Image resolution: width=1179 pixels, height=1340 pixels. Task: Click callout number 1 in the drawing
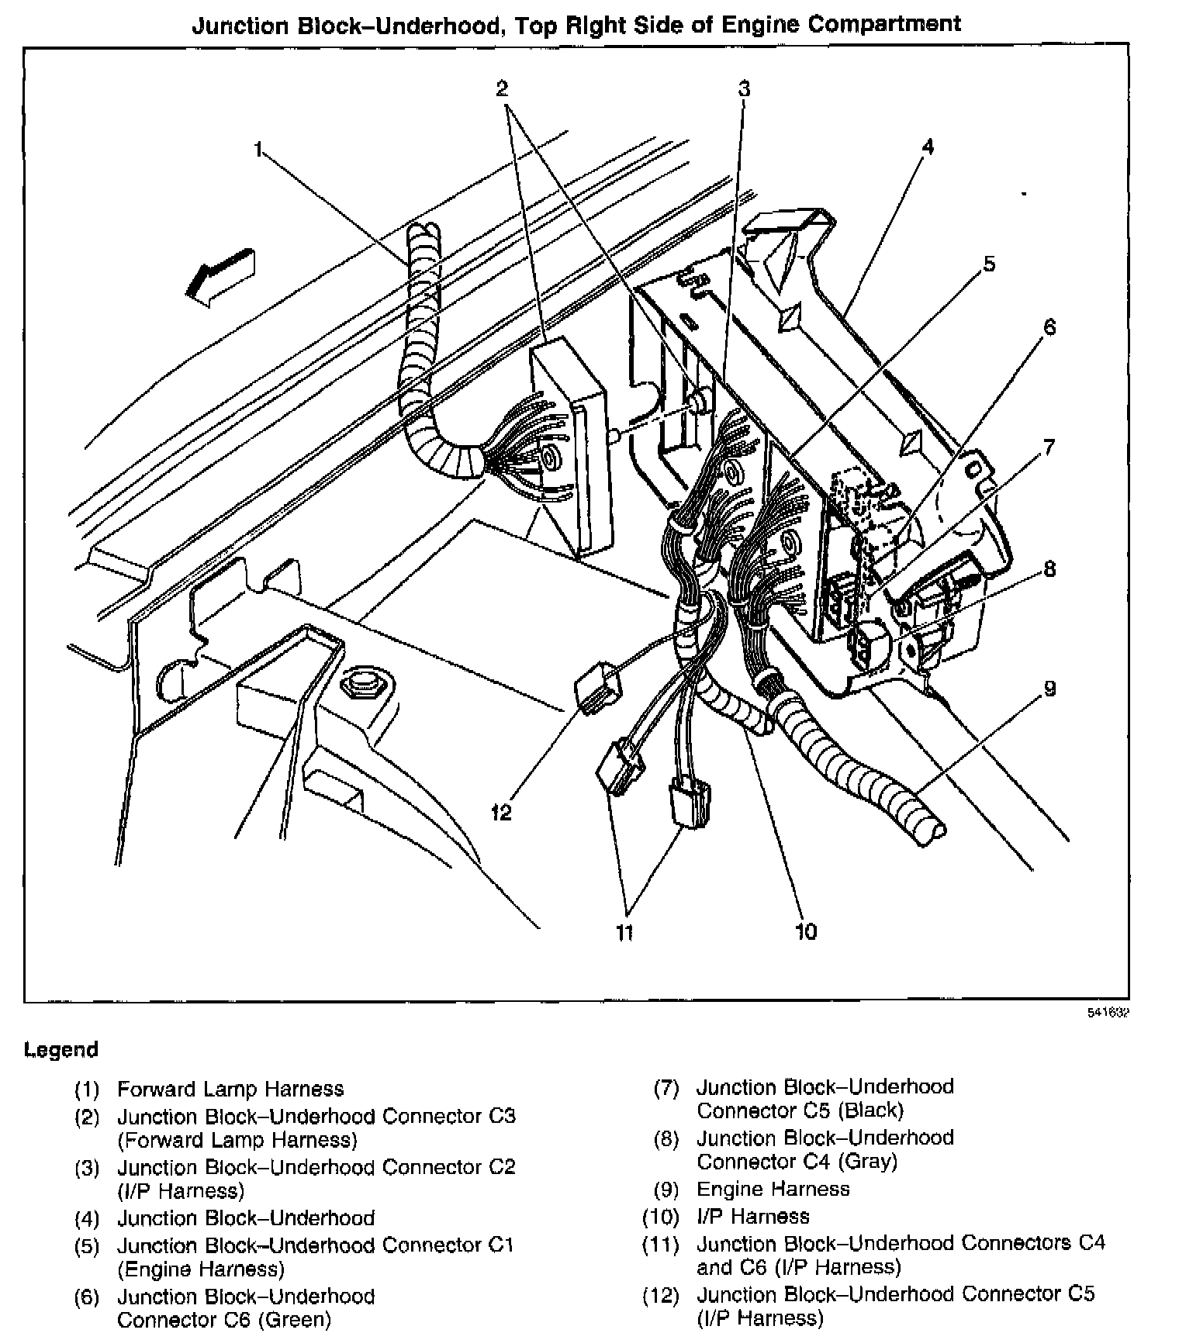pyautogui.click(x=259, y=150)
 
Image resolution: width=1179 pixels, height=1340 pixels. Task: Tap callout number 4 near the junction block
pyautogui.click(x=928, y=147)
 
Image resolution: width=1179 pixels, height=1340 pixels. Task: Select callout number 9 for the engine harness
pyautogui.click(x=1049, y=689)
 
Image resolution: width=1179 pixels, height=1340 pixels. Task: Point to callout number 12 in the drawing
pyautogui.click(x=501, y=813)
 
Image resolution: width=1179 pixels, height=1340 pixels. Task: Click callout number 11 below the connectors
pyautogui.click(x=624, y=933)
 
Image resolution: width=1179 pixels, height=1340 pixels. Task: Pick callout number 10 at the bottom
pyautogui.click(x=806, y=931)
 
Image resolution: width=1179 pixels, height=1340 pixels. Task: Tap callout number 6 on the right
pyautogui.click(x=1049, y=327)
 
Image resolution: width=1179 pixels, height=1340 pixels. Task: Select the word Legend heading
pyautogui.click(x=61, y=1050)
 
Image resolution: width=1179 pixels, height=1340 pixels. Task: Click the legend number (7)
pyautogui.click(x=666, y=1088)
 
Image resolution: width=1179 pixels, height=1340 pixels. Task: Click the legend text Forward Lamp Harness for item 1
pyautogui.click(x=230, y=1090)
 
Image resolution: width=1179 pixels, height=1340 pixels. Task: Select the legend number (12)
pyautogui.click(x=661, y=1295)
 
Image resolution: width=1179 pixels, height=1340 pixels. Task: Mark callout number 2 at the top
pyautogui.click(x=502, y=88)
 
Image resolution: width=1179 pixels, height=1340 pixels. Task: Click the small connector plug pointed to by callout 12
pyautogui.click(x=597, y=684)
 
